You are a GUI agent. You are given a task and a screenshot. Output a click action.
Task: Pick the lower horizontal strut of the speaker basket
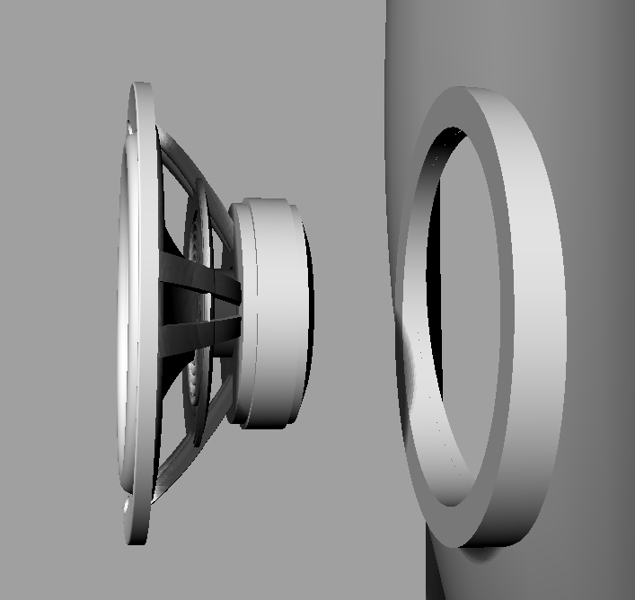[x=199, y=337]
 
